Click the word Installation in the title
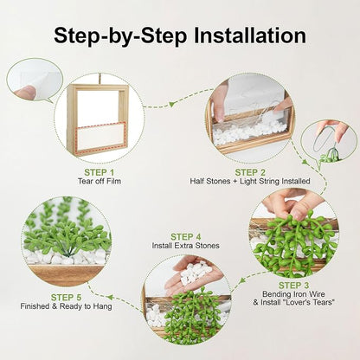tap(250, 35)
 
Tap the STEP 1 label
tap(100, 172)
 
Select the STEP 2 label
tap(250, 172)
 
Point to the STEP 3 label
tap(293, 286)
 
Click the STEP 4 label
tap(186, 237)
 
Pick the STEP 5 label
tap(66, 298)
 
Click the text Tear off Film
tap(100, 181)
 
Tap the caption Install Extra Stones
tap(186, 246)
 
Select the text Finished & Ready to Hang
tap(66, 306)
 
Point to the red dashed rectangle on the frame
tap(101, 138)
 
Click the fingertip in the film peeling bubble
tap(25, 93)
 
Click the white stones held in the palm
tap(194, 271)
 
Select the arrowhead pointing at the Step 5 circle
tap(110, 297)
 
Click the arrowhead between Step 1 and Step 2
tap(172, 104)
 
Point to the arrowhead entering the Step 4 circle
tap(243, 280)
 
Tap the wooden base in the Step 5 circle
tap(67, 275)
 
